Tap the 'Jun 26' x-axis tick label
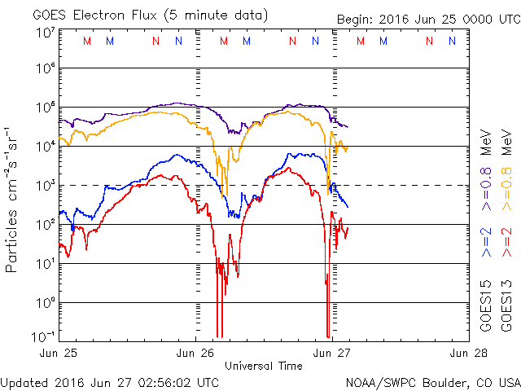[x=195, y=353]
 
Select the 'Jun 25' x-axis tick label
[x=61, y=353]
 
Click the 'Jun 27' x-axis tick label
[x=331, y=353]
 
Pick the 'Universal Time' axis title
[x=264, y=366]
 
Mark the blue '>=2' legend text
[x=487, y=241]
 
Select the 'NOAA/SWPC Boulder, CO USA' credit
[x=432, y=381]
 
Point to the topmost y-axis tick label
[x=46, y=33]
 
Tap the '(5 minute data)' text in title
[x=218, y=15]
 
